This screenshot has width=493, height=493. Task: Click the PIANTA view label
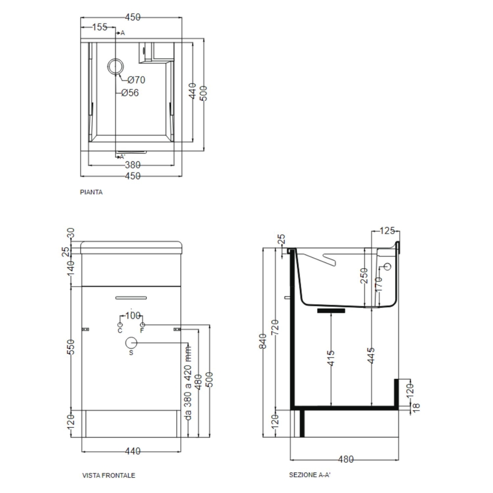91,193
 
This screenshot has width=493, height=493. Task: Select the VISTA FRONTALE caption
108,476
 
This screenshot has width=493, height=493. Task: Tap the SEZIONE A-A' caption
309,475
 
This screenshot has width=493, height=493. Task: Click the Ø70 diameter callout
136,80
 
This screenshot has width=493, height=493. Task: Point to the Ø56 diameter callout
130,93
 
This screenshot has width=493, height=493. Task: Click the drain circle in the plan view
116,67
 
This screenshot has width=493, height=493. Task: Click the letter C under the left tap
120,331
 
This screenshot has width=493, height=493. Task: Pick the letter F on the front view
142,331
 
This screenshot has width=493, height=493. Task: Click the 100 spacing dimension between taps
133,316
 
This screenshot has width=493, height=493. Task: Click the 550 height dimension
71,347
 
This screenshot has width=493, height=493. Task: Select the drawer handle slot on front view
131,297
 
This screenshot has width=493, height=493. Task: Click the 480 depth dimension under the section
346,459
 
